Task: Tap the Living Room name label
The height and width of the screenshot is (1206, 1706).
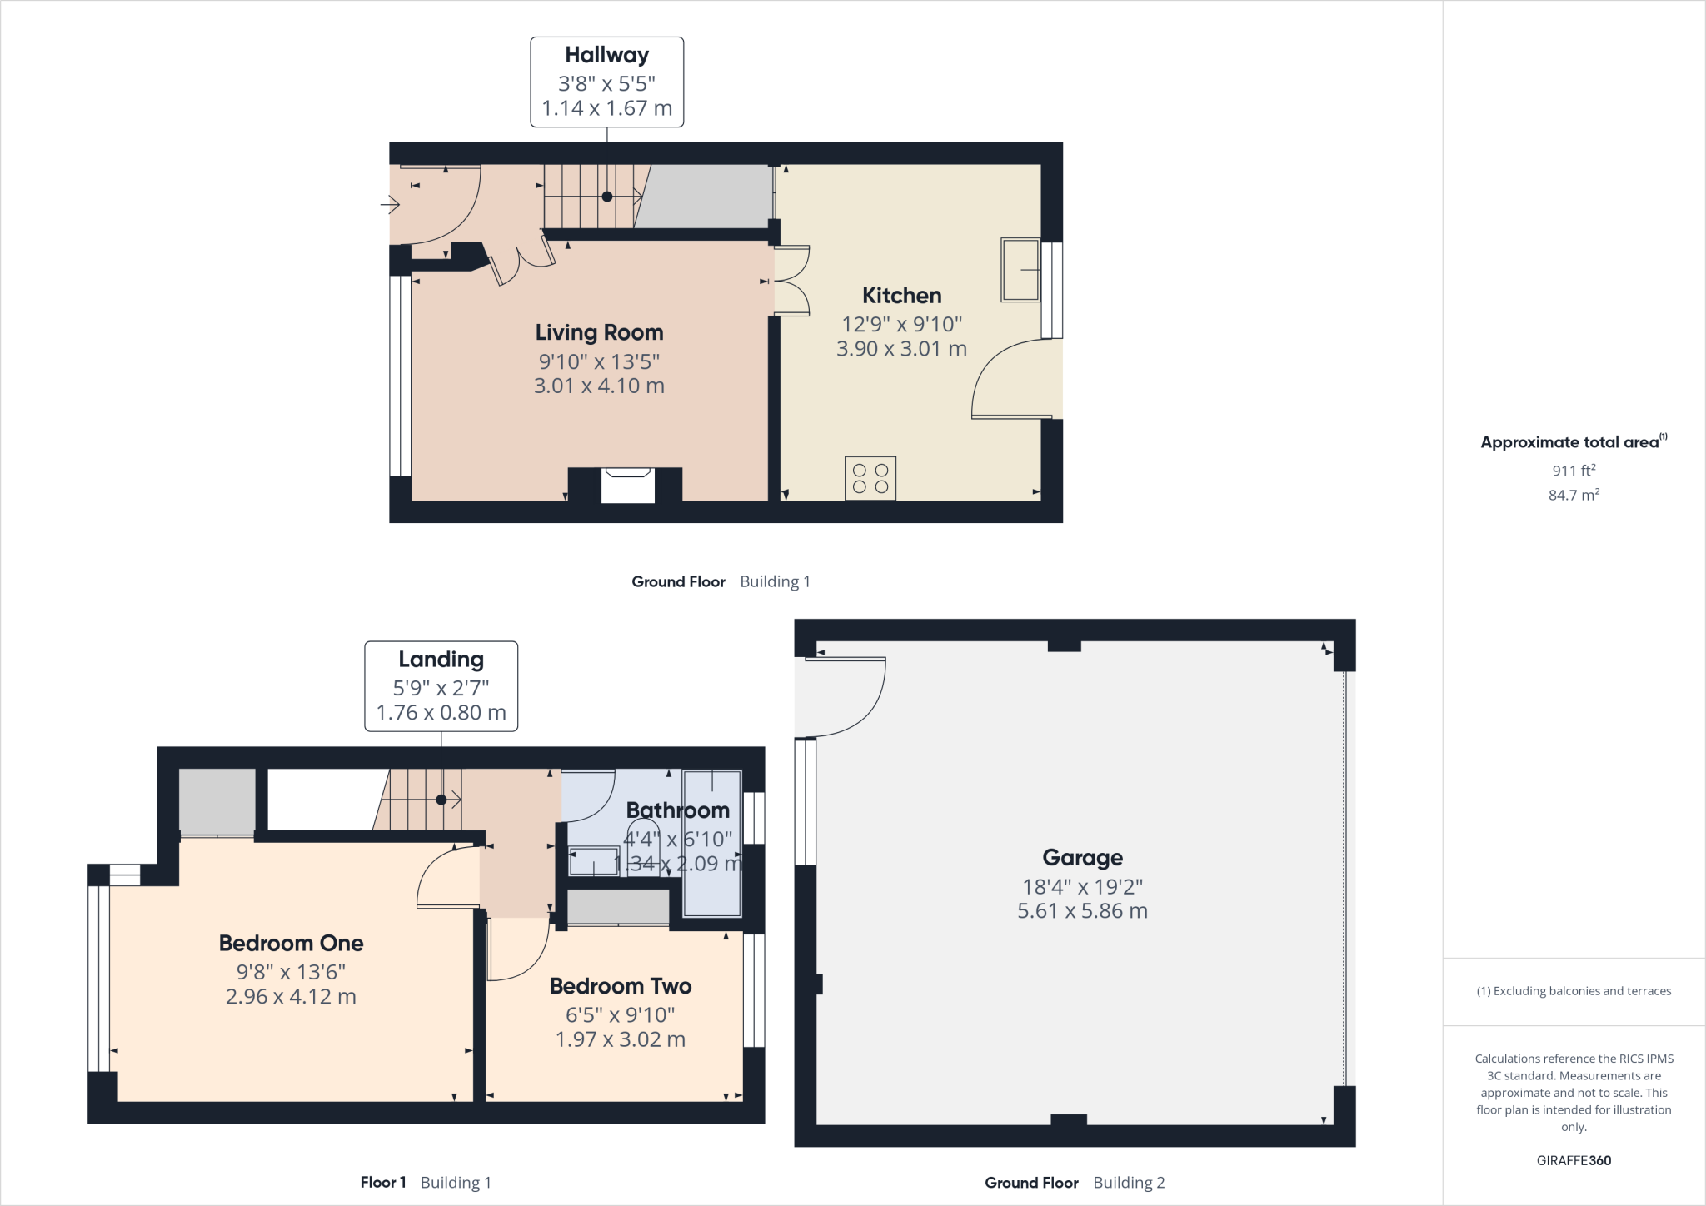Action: pyautogui.click(x=599, y=333)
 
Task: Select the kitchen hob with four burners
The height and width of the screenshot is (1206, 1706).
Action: pyautogui.click(x=870, y=478)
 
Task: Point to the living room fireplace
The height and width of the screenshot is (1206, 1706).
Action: pyautogui.click(x=626, y=485)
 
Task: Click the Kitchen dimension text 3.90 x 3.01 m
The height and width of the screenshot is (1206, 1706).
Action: pyautogui.click(x=901, y=349)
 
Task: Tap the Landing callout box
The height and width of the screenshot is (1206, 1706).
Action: pyautogui.click(x=441, y=686)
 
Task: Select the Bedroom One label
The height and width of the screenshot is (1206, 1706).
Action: pyautogui.click(x=291, y=944)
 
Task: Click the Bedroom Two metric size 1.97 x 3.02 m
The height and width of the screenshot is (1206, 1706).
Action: pyautogui.click(x=621, y=1039)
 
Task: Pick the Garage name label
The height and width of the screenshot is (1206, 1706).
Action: pyautogui.click(x=1082, y=858)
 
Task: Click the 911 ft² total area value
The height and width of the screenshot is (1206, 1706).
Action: pyautogui.click(x=1574, y=471)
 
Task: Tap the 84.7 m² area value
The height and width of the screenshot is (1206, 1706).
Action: pyautogui.click(x=1574, y=495)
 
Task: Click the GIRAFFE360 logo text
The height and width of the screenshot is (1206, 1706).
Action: pyautogui.click(x=1574, y=1160)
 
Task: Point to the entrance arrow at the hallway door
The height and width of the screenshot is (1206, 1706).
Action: pyautogui.click(x=390, y=203)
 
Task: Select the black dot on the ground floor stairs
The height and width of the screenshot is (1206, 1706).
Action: pyautogui.click(x=607, y=197)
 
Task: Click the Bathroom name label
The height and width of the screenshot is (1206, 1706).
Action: pyautogui.click(x=677, y=810)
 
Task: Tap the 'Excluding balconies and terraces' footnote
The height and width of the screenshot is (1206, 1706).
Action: pyautogui.click(x=1574, y=991)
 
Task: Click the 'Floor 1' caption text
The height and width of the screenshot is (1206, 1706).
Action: pyautogui.click(x=383, y=1183)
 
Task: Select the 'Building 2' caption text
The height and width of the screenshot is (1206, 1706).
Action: pyautogui.click(x=1129, y=1183)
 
